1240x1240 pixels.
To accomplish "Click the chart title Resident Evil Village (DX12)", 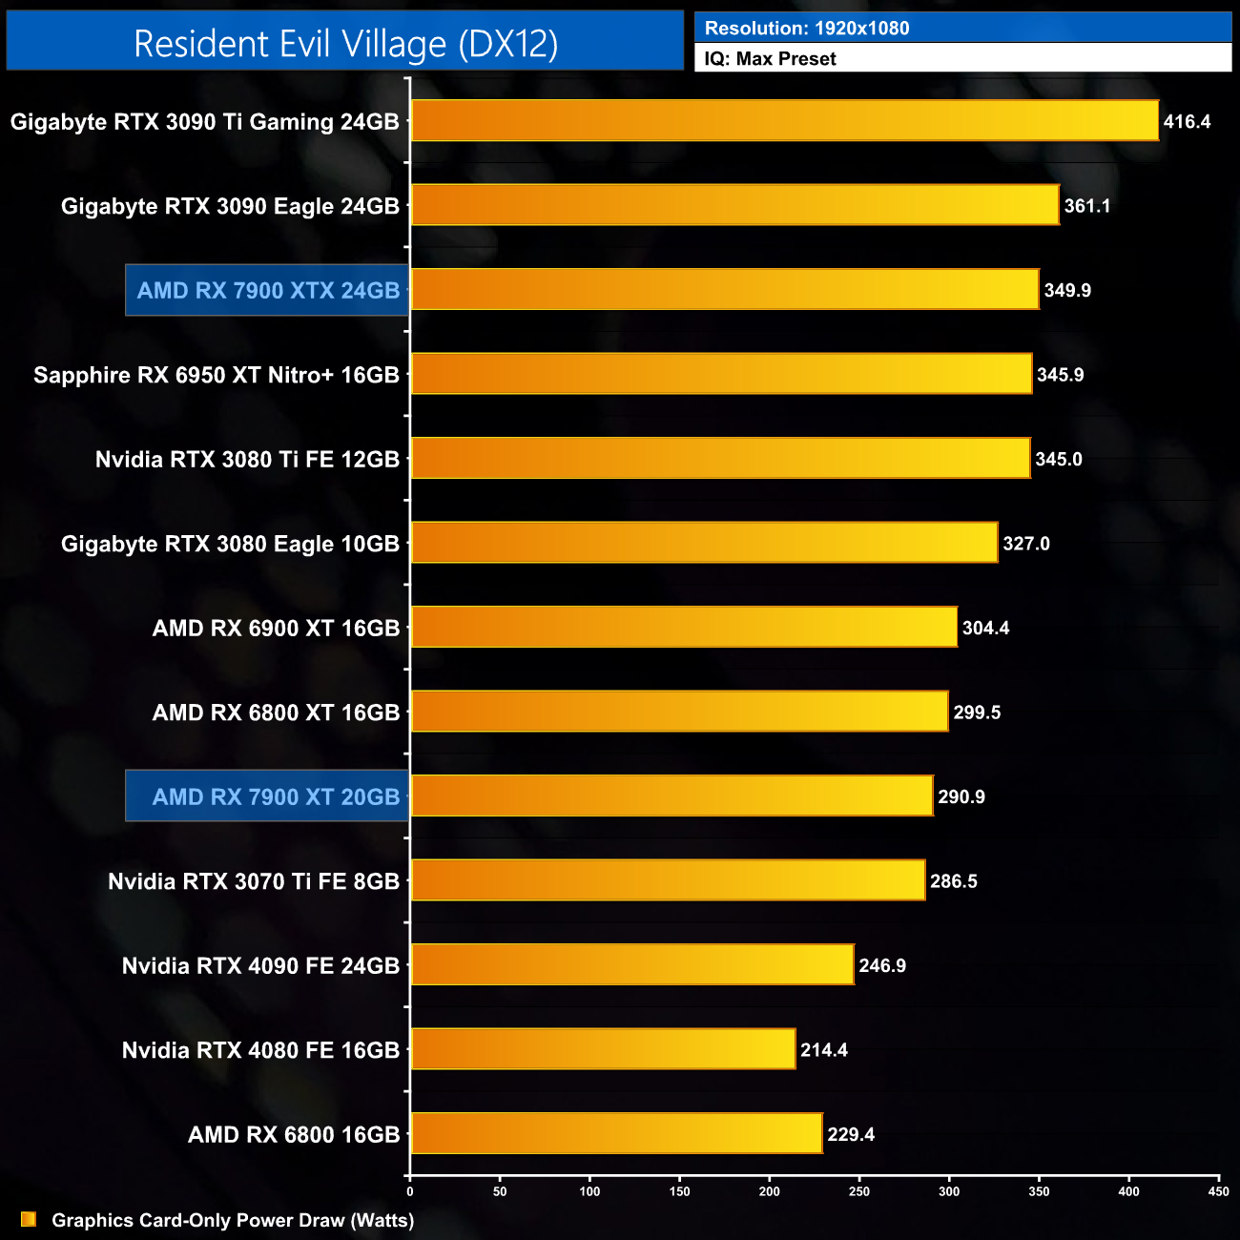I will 345,44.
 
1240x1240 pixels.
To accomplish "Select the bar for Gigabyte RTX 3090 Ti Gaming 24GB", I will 784,121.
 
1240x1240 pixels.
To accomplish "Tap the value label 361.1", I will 1086,206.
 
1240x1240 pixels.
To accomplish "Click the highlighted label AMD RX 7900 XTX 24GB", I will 268,291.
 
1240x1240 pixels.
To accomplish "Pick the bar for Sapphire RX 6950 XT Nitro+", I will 721,374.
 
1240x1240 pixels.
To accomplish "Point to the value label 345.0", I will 1058,460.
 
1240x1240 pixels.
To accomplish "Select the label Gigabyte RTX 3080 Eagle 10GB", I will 230,544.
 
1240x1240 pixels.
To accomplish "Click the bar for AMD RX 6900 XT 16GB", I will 684,628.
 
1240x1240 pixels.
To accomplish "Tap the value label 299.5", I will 977,713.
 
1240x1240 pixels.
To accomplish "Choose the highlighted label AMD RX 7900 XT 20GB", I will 276,796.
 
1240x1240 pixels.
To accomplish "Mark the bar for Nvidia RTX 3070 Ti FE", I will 668,880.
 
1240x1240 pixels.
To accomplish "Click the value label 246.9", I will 881,966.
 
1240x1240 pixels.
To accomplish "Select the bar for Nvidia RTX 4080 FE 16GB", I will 603,1049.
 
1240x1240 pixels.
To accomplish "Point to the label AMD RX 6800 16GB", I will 294,1135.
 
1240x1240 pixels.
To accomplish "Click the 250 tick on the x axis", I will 859,1191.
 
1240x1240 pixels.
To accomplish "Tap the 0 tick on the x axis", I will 410,1191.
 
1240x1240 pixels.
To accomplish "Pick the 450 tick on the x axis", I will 1218,1191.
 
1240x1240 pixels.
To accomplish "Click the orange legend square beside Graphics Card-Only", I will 29,1219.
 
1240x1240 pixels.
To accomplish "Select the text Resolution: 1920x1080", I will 807,29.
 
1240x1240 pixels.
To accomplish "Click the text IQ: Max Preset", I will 770,59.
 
